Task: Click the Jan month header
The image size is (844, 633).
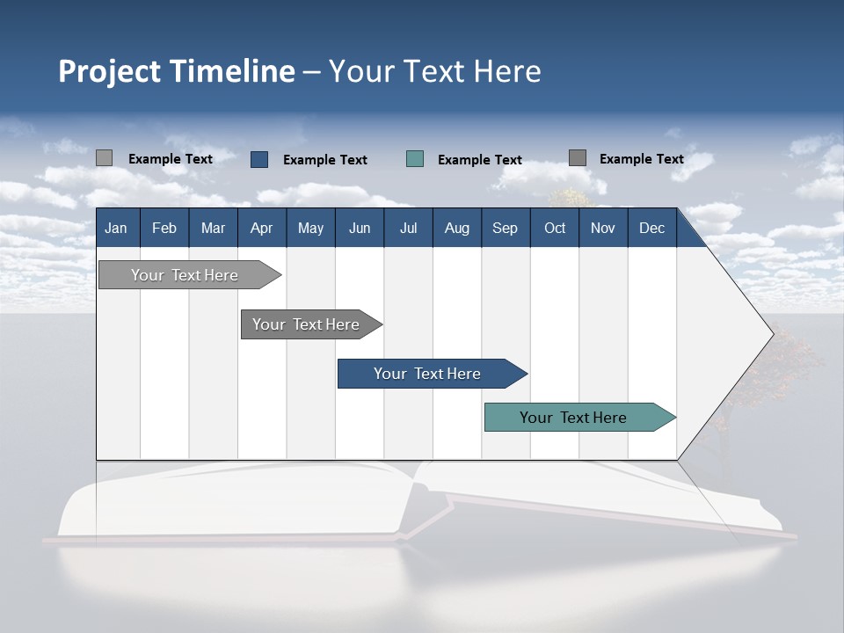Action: click(117, 228)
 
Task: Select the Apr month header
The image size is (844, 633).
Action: click(262, 228)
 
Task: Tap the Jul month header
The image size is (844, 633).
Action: click(409, 228)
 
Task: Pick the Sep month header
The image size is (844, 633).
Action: click(506, 228)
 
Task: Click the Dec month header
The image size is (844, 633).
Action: click(652, 228)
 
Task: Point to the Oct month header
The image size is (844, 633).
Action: click(555, 228)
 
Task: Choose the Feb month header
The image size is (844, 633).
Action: click(164, 228)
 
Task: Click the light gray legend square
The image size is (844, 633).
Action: click(104, 158)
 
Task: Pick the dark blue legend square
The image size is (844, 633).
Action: click(259, 159)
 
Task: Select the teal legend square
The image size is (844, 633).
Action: click(415, 159)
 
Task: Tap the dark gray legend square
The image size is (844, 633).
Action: click(578, 158)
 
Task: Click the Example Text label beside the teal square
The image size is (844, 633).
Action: click(479, 160)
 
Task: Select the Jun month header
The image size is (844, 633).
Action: click(360, 228)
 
